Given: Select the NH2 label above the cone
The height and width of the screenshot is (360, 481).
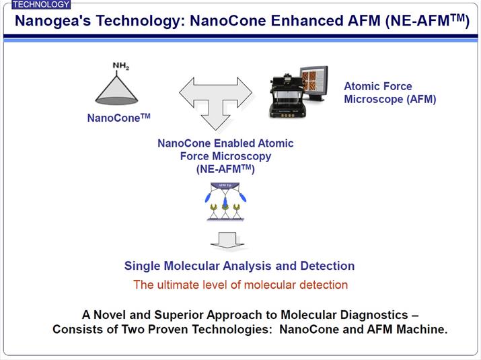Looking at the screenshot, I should [122, 66].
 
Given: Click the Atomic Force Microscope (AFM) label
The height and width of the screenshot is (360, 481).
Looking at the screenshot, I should [390, 93].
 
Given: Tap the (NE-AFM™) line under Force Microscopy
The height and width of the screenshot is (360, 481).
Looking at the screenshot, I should [225, 170].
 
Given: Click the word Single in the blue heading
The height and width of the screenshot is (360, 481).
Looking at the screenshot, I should [143, 266].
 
